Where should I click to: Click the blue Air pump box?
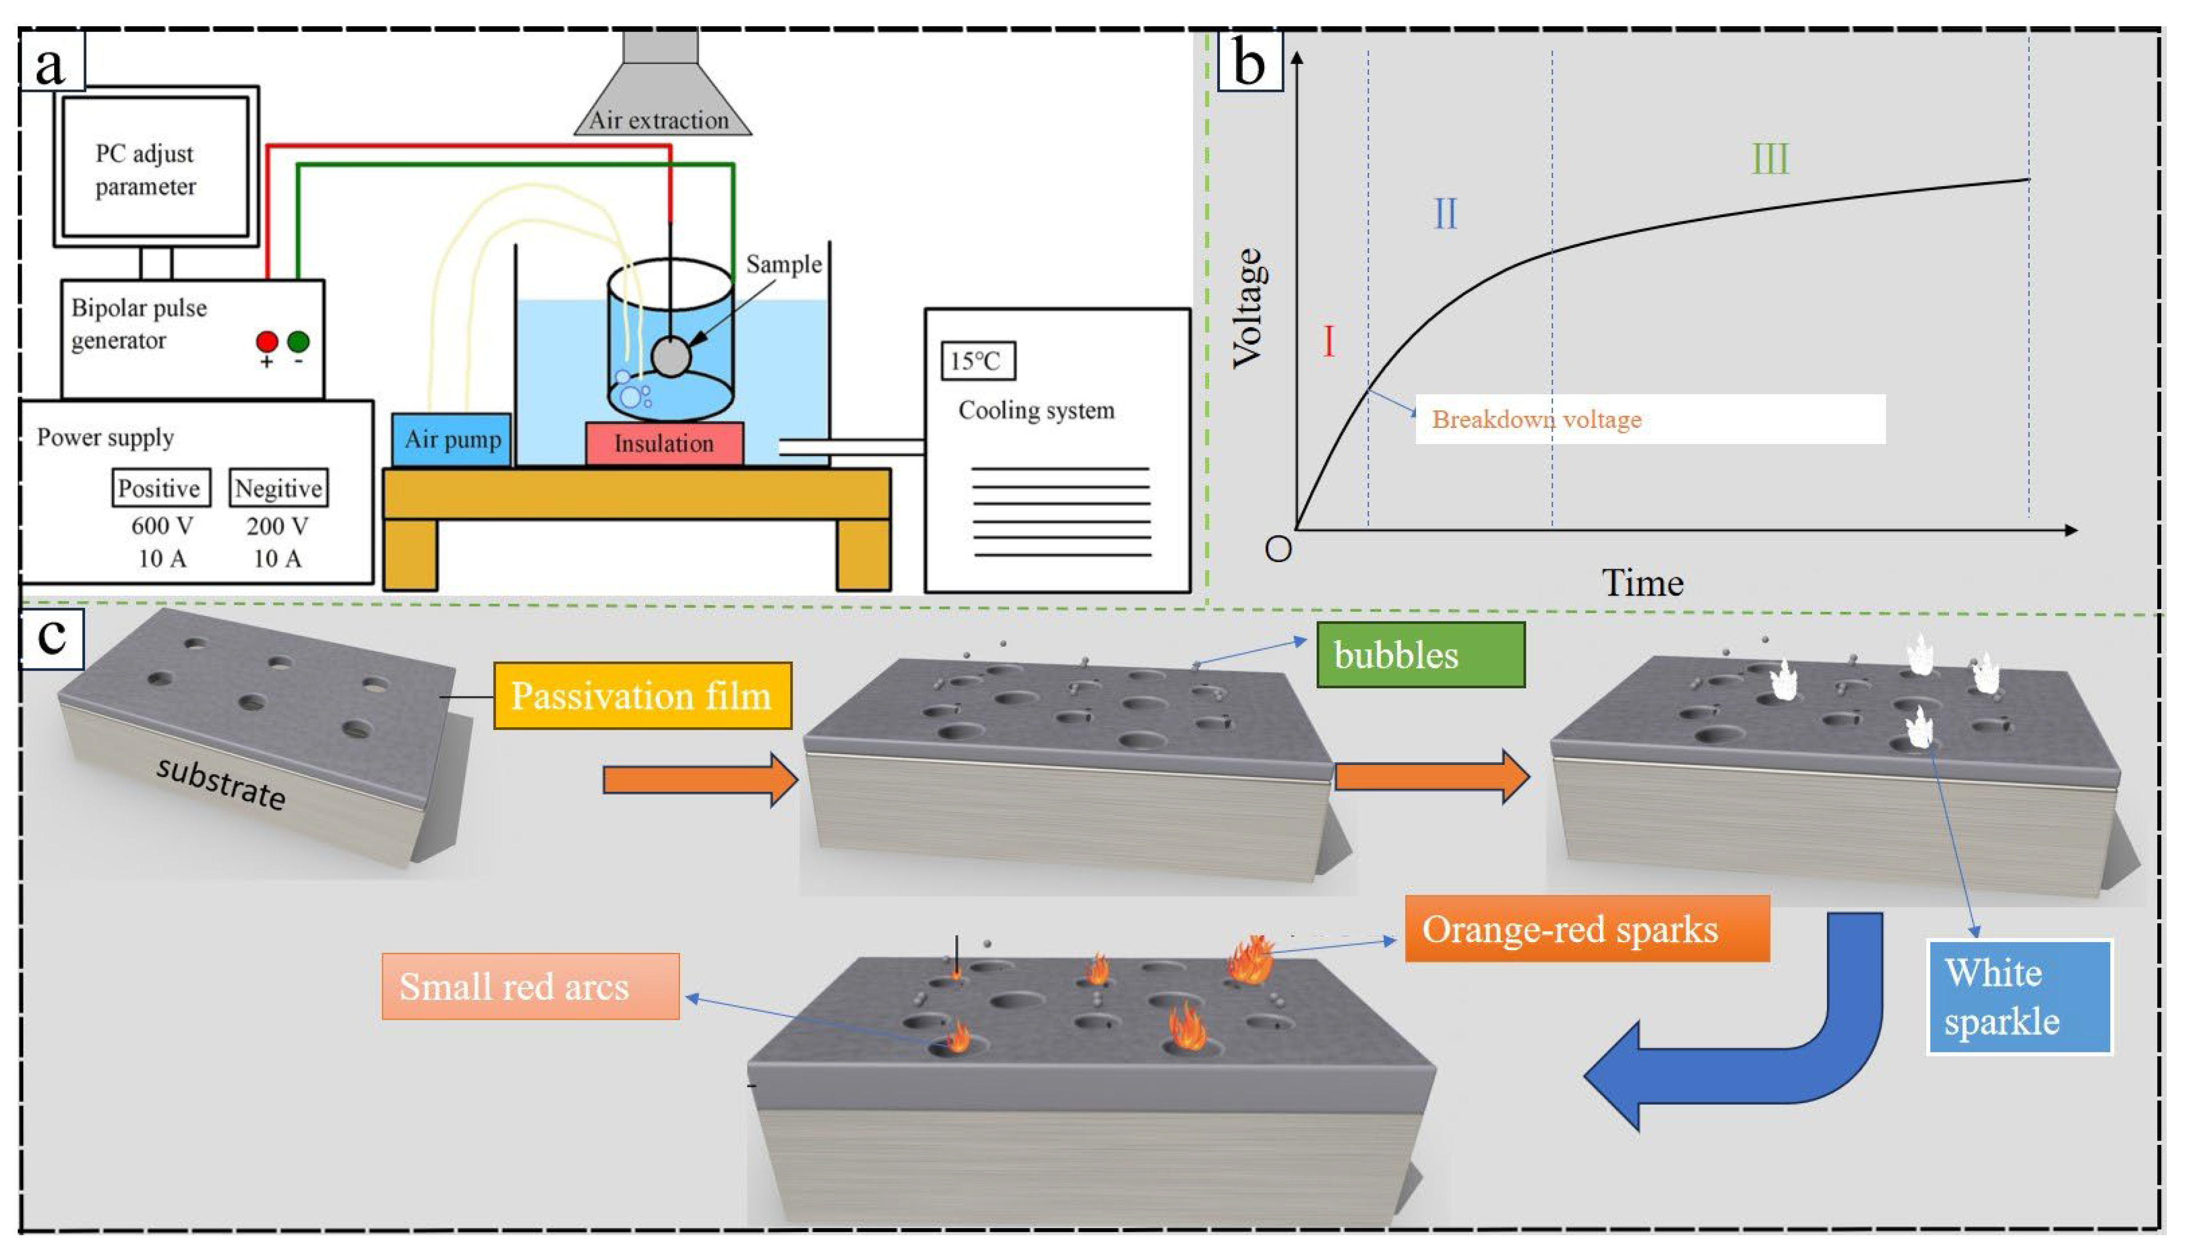pos(451,439)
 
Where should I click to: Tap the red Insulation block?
pos(664,443)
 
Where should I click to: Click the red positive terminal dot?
pos(267,342)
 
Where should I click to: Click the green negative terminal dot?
pos(298,342)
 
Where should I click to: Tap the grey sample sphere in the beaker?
pos(670,356)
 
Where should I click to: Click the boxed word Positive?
pos(160,488)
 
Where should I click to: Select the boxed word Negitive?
pos(278,488)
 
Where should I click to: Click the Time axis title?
pos(1642,584)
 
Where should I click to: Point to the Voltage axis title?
pos(1249,309)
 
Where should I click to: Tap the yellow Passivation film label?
pos(642,696)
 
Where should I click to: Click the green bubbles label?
pos(1420,655)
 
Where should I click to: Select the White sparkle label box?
pos(2019,996)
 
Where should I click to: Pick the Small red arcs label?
pos(530,986)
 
